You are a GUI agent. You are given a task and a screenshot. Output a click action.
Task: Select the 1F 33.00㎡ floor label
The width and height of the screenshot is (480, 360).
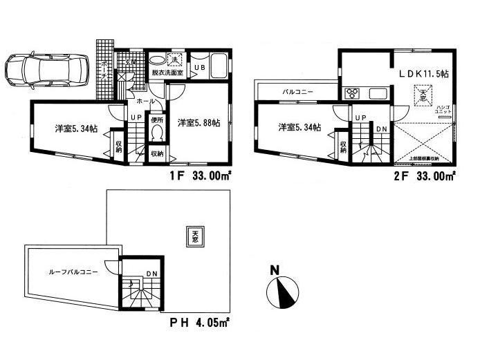(201, 176)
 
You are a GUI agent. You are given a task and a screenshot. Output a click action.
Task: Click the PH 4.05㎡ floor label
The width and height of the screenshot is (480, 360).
(201, 321)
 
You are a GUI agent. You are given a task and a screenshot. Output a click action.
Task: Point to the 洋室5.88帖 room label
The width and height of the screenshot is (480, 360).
(198, 123)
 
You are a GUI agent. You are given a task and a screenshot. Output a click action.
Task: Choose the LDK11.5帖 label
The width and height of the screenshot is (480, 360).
(422, 73)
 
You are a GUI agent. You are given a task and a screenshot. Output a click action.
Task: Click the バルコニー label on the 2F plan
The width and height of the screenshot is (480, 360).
(297, 91)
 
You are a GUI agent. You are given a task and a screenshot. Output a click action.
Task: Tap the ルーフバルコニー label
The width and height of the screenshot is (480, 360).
(66, 272)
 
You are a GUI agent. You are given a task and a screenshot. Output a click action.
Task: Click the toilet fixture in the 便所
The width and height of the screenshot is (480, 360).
(156, 131)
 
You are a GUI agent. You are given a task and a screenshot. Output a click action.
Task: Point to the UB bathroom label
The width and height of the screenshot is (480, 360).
(199, 66)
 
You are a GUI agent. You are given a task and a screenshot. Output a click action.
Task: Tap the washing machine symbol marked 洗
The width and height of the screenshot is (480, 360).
(175, 60)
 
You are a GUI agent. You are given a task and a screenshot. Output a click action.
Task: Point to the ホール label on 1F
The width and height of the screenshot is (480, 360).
(136, 101)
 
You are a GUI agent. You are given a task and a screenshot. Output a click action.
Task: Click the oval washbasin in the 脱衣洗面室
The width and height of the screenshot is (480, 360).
(158, 59)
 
